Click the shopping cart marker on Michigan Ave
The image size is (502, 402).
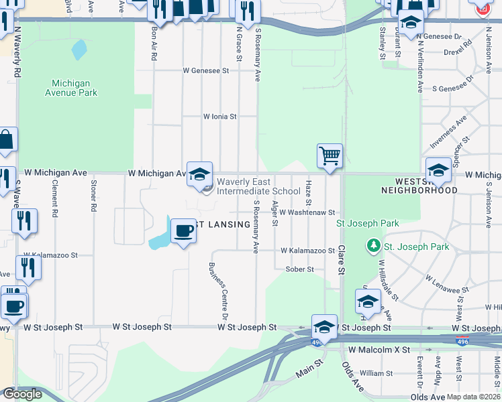pos(330,156)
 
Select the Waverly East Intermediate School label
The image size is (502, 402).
pos(258,191)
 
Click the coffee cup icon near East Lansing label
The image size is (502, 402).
pos(183,231)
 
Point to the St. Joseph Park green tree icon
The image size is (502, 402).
pos(374,247)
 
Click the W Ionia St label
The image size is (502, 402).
pos(220,116)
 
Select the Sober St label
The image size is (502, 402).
pos(299,269)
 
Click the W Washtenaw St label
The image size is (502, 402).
pos(307,212)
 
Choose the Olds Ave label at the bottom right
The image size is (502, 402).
pos(428,397)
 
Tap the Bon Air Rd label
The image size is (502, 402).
pos(154,44)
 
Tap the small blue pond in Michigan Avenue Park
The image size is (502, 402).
pos(79,49)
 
